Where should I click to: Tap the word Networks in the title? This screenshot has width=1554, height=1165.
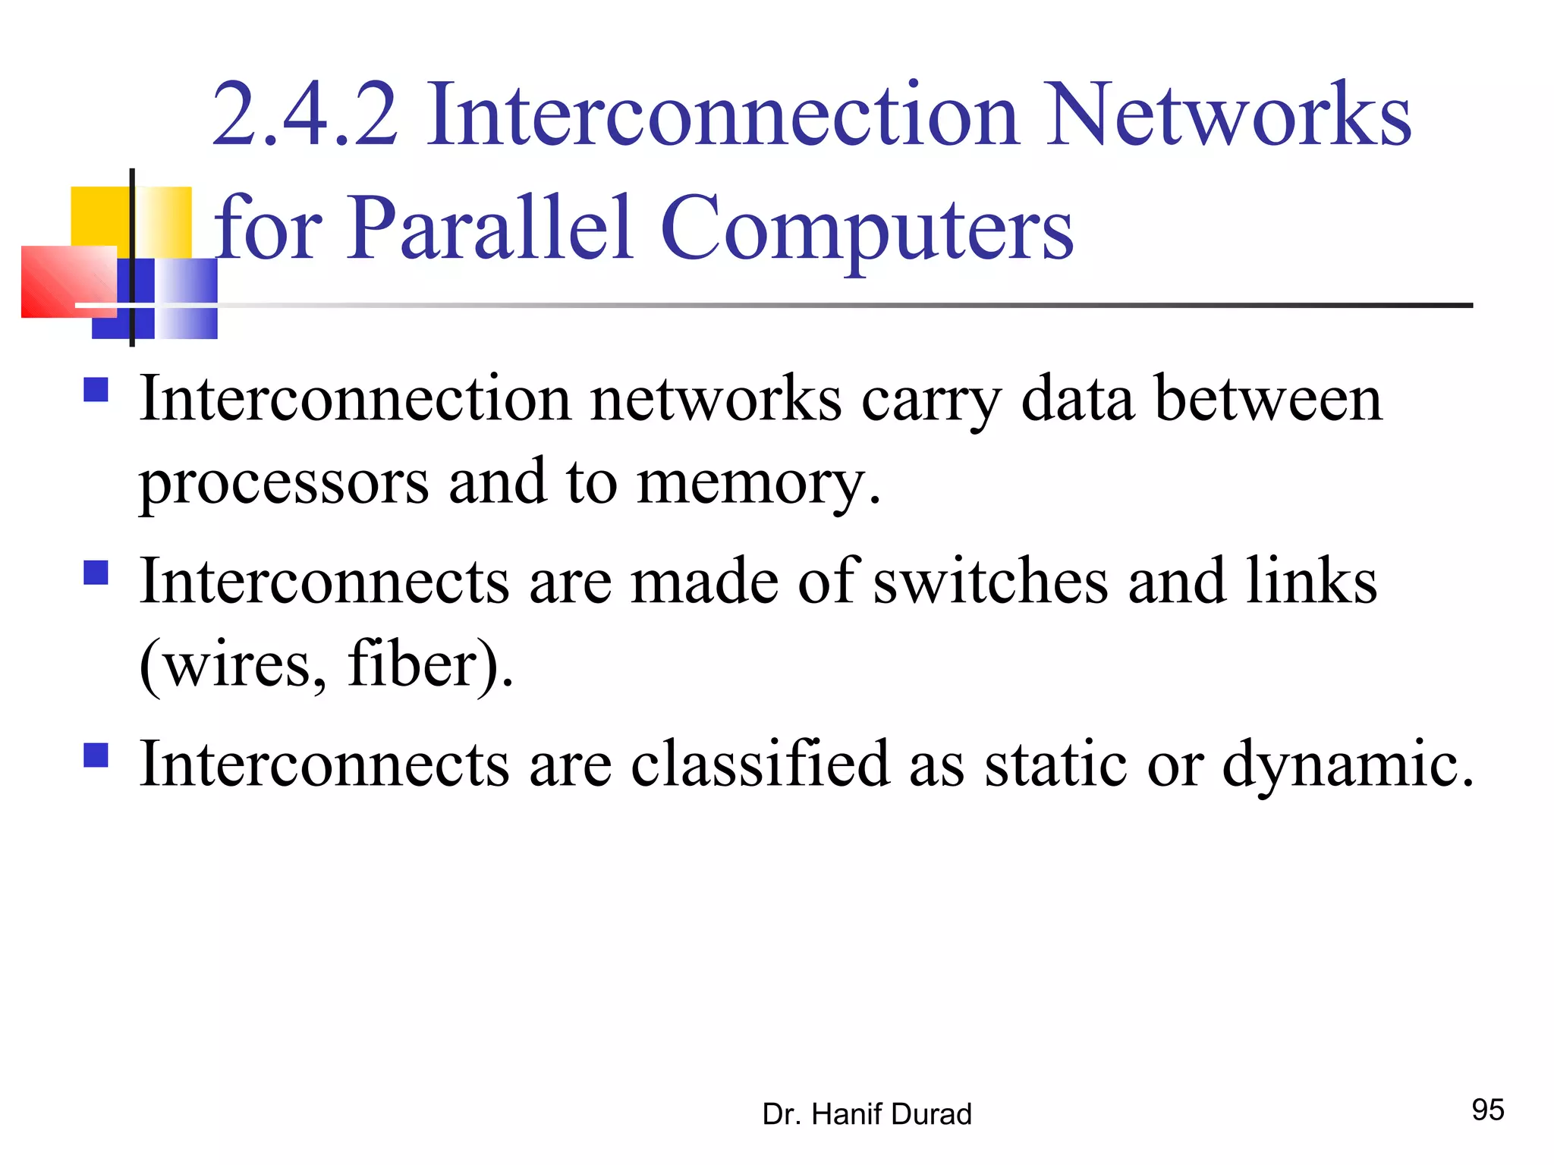tap(1228, 115)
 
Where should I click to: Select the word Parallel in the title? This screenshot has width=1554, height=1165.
tap(489, 228)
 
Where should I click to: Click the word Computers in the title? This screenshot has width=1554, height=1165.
tap(867, 228)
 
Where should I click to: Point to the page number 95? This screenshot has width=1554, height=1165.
tap(1487, 1110)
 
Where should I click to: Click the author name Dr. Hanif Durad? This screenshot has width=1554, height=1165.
tap(867, 1114)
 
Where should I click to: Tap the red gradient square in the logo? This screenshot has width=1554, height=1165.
tap(68, 281)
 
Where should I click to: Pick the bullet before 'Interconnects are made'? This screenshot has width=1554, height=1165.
tap(96, 573)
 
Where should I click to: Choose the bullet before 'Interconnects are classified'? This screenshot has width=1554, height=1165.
tap(96, 755)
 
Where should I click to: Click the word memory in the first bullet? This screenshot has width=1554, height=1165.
tap(758, 482)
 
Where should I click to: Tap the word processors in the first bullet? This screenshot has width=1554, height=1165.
tap(284, 482)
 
